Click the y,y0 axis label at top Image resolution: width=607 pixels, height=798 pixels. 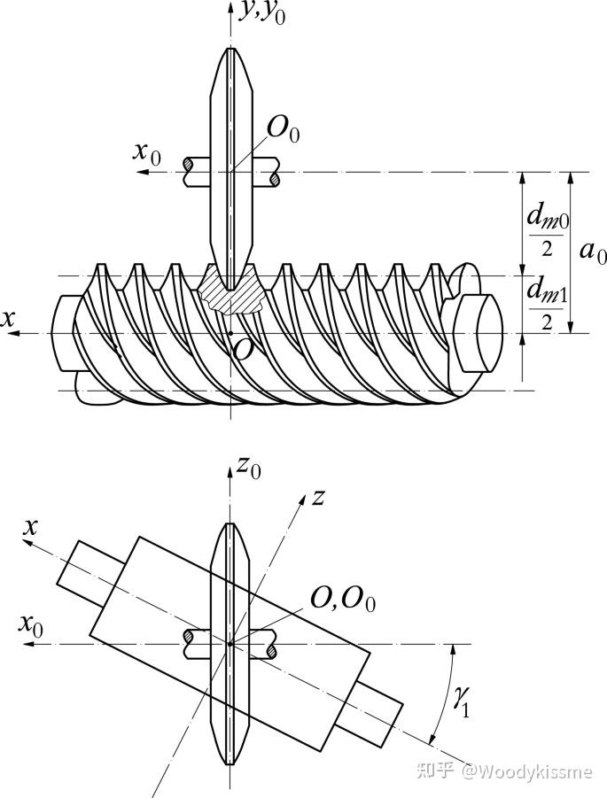[x=263, y=12]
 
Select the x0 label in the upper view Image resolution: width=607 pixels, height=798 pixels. [x=147, y=152]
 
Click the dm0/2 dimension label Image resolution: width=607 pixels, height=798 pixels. [x=548, y=232]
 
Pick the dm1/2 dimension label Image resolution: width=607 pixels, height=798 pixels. [x=547, y=305]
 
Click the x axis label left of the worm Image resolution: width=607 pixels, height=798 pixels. [x=7, y=319]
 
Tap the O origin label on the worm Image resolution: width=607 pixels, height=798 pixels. [x=244, y=349]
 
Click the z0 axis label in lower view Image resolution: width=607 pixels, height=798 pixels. [x=249, y=468]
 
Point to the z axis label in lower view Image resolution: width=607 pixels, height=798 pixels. [x=318, y=497]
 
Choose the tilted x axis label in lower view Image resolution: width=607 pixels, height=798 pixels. [x=30, y=527]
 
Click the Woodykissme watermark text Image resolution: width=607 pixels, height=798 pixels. [x=527, y=771]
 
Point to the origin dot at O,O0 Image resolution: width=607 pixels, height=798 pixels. [x=230, y=644]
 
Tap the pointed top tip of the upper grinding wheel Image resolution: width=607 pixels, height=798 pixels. [x=231, y=48]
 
